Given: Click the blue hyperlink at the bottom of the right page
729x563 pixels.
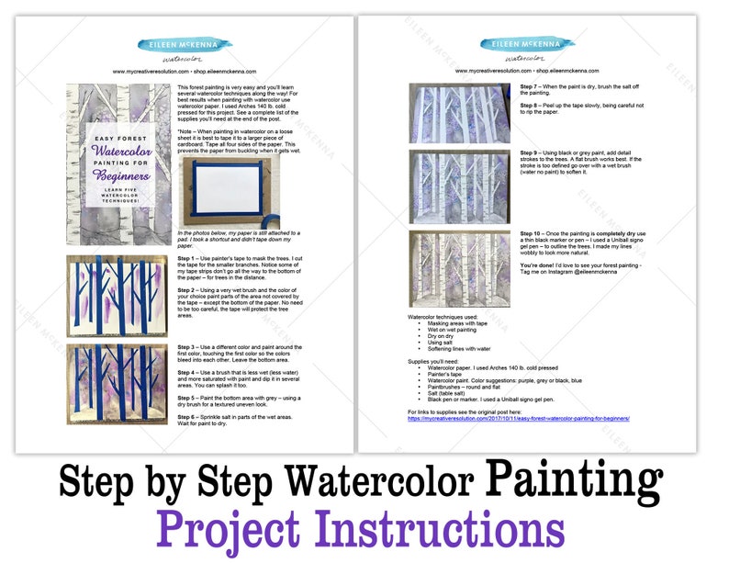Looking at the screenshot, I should [x=519, y=418].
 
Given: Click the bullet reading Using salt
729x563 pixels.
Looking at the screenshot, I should [x=440, y=342].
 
